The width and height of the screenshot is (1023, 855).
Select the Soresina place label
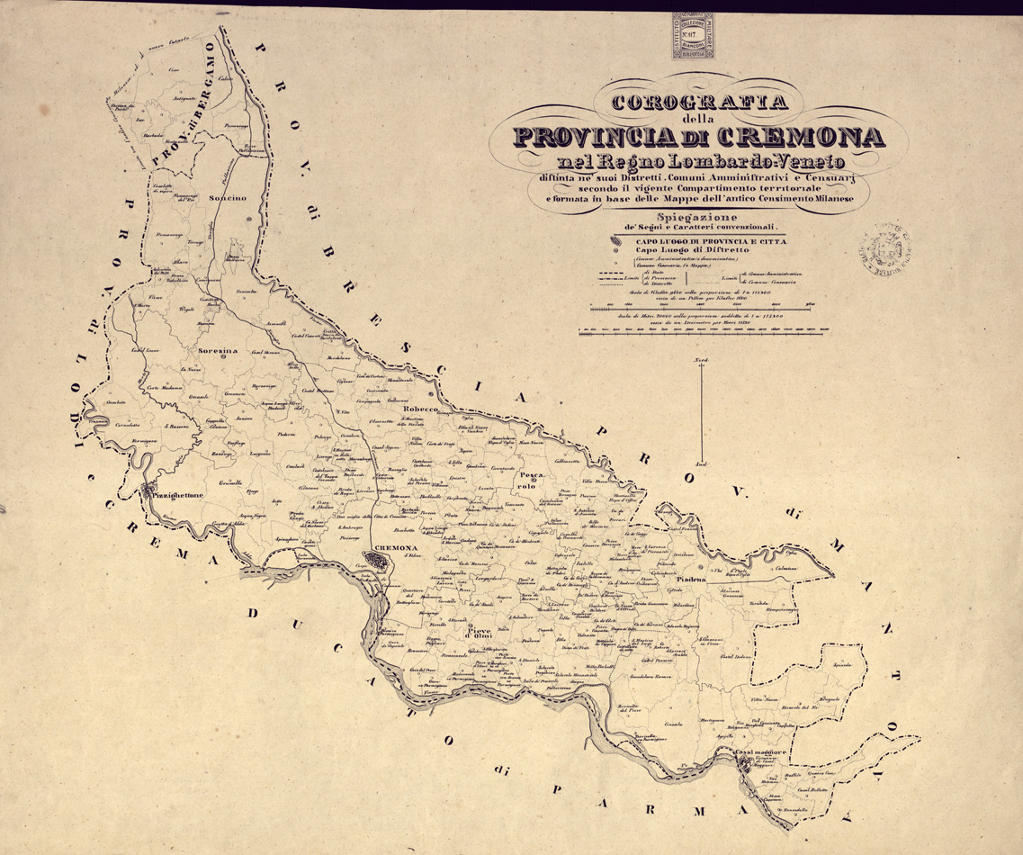point(213,351)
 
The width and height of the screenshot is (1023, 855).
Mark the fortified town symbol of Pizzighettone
point(146,492)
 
